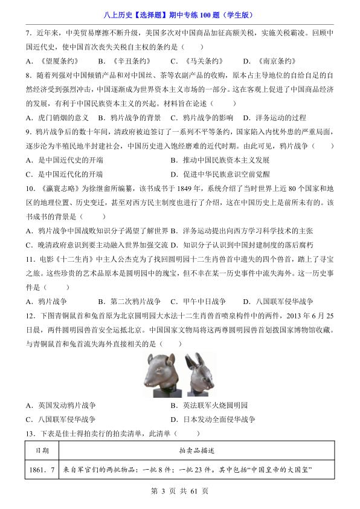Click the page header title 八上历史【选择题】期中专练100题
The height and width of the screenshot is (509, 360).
click(x=179, y=8)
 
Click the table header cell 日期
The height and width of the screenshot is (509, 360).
click(x=42, y=450)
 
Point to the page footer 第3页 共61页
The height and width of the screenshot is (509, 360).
click(x=180, y=500)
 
